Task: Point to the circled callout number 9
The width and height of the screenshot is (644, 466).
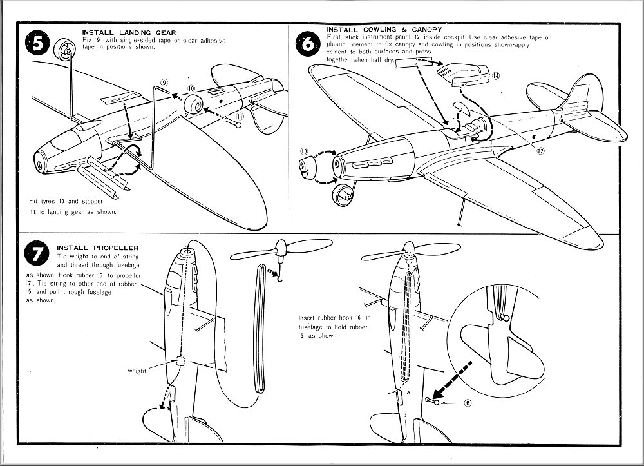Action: pyautogui.click(x=164, y=83)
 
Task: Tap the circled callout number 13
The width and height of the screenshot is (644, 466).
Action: pyautogui.click(x=304, y=152)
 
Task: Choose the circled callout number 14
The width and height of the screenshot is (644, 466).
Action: pyautogui.click(x=496, y=75)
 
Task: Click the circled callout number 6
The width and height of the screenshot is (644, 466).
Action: pyautogui.click(x=467, y=403)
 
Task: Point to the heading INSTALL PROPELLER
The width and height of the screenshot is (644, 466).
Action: pyautogui.click(x=98, y=248)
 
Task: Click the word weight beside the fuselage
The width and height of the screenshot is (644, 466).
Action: pyautogui.click(x=137, y=371)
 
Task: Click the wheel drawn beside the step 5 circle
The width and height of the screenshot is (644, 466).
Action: pyautogui.click(x=64, y=50)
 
